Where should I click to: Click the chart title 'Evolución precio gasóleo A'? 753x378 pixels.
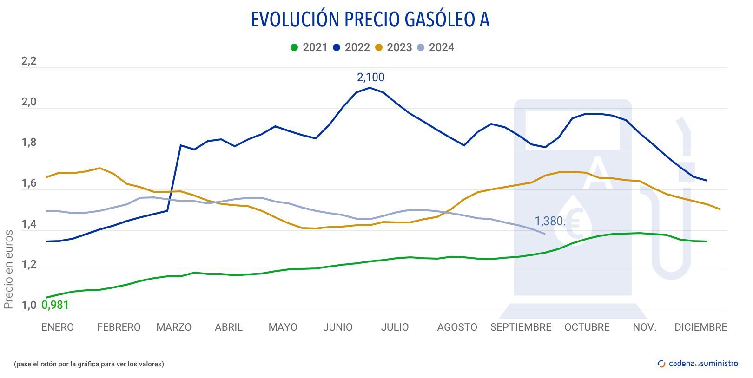coord(370,20)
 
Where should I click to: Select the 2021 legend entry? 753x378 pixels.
coord(309,47)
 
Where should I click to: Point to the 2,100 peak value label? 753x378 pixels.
coord(370,78)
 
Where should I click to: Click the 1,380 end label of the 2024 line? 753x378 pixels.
coord(550,221)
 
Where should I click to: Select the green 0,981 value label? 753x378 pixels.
coord(55,305)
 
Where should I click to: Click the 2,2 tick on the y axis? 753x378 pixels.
coord(29,61)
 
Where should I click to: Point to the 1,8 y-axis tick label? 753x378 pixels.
coord(29,143)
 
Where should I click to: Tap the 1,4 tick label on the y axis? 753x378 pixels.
coord(29,224)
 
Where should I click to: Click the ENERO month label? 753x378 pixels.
coord(58,327)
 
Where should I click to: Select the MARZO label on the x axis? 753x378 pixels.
coord(174,327)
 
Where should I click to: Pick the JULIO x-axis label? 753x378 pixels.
coord(395,327)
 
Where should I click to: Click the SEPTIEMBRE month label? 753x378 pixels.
coord(521,327)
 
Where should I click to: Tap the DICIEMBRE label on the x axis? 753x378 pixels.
coord(700,327)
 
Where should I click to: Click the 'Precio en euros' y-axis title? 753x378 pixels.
coord(8,269)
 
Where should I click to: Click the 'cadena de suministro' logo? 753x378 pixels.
coord(698,364)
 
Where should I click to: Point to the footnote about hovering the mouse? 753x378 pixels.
coord(89,364)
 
